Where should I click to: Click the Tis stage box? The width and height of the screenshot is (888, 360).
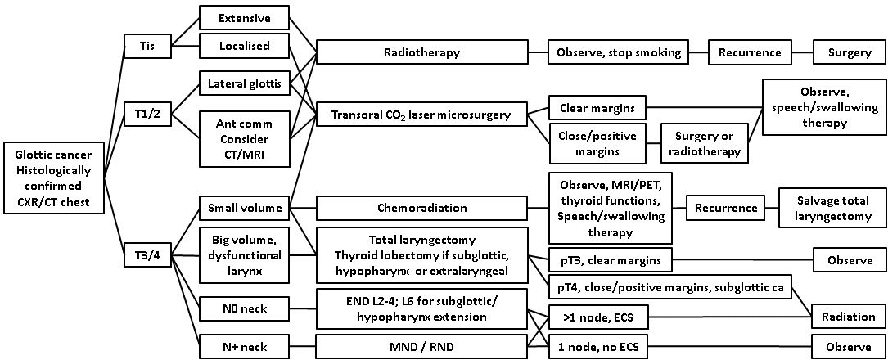147,47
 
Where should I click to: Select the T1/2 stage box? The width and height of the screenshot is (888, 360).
147,115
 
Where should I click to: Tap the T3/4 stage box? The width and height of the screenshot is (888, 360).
147,253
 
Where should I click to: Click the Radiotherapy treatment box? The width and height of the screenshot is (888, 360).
421,52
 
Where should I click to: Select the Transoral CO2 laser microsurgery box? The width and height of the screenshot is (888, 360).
421,115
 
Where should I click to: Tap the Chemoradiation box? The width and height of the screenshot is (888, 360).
421,209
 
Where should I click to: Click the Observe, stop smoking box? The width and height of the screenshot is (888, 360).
618,52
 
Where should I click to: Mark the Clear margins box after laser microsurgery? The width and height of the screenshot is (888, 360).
597,107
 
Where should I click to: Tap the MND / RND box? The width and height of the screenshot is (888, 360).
421,347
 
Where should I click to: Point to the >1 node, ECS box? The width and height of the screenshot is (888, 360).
597,317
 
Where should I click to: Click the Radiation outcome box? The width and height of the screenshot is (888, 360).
849,317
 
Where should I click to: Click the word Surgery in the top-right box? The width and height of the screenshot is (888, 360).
849,52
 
